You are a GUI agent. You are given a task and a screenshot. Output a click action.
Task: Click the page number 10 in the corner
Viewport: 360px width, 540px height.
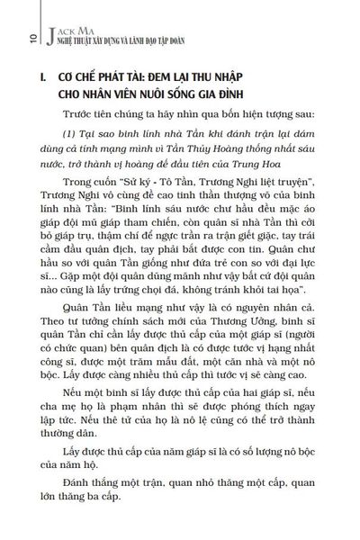(10, 37)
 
